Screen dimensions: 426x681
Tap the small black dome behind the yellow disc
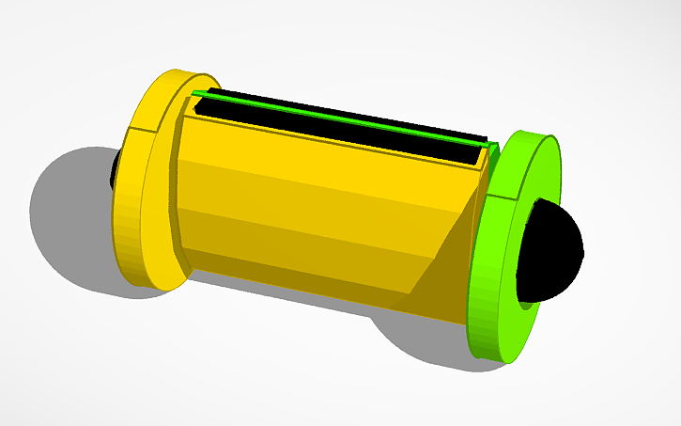click(115, 169)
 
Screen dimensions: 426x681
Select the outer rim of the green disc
click(485, 282)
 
